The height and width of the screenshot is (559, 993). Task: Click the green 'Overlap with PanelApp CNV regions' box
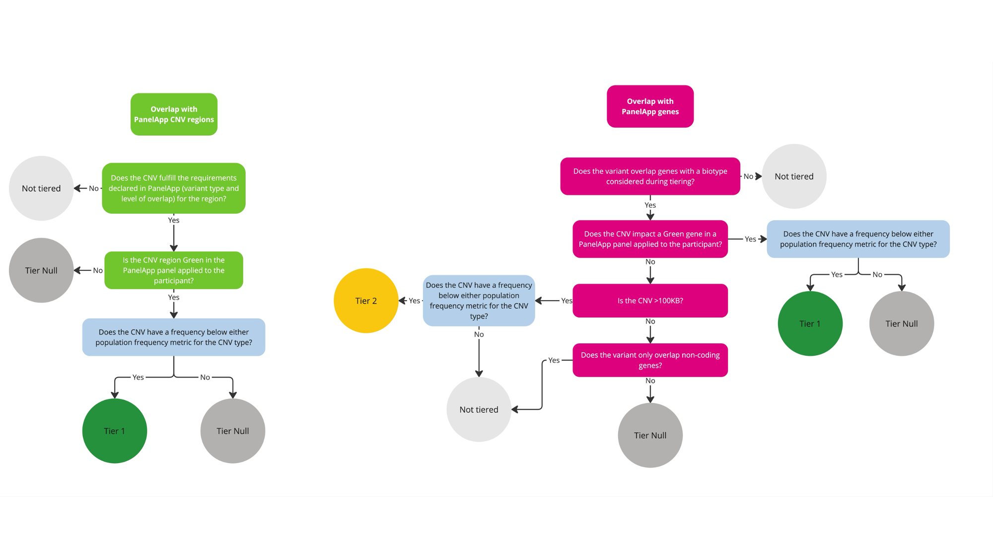point(174,114)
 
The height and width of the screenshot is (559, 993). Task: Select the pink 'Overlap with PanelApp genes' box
point(650,106)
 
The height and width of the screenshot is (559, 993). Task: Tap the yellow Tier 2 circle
point(366,301)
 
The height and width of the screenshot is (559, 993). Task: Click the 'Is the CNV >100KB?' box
point(650,301)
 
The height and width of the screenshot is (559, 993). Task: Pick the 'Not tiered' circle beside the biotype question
point(794,176)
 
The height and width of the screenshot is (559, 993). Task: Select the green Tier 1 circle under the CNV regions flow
point(114,431)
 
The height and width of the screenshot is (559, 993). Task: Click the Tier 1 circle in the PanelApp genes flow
point(810,323)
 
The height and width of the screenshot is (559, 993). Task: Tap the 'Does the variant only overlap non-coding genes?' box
point(650,360)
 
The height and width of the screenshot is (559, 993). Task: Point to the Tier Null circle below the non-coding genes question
point(650,435)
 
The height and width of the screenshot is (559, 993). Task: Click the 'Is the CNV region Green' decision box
point(174,270)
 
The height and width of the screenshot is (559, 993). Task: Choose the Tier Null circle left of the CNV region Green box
point(41,270)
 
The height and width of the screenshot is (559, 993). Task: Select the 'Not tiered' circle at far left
point(41,188)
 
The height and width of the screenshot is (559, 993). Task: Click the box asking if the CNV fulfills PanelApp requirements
point(174,188)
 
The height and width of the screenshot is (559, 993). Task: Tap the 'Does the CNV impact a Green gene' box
point(650,239)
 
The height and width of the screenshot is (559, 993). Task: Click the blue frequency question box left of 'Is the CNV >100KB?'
point(479,301)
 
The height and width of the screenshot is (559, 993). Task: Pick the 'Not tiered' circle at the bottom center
point(479,409)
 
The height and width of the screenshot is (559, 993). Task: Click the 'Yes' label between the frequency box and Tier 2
point(414,301)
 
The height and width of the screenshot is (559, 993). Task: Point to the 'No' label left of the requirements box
point(94,188)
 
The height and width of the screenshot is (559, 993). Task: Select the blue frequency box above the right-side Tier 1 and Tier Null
point(858,239)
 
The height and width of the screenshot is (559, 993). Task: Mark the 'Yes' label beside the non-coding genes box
point(554,360)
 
